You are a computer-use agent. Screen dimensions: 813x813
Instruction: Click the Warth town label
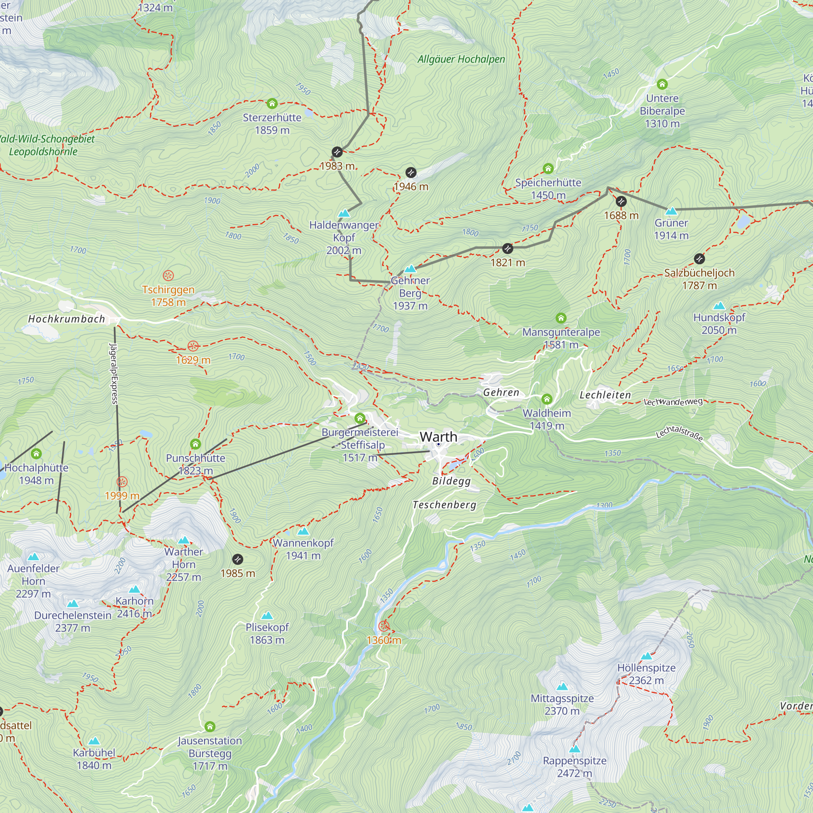click(439, 437)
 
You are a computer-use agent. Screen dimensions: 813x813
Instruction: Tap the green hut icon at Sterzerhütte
click(272, 103)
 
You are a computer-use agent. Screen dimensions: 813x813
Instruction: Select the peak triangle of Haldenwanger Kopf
click(344, 213)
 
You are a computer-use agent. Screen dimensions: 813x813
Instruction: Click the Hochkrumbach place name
click(67, 319)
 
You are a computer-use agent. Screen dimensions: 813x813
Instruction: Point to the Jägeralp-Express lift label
click(114, 373)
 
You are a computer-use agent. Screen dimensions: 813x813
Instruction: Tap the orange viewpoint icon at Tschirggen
click(168, 276)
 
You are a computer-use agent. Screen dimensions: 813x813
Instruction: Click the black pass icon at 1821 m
click(508, 248)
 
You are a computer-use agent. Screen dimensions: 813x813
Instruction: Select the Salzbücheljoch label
click(699, 273)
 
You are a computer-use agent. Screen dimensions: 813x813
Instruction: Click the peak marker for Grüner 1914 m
click(671, 211)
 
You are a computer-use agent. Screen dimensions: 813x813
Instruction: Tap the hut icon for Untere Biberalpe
click(662, 84)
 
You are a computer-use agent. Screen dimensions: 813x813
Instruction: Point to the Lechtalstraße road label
click(679, 433)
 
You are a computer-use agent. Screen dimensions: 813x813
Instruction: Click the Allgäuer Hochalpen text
click(461, 59)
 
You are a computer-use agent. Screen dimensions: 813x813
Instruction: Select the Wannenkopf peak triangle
click(303, 531)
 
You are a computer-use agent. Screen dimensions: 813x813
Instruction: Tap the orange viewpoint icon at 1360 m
click(384, 626)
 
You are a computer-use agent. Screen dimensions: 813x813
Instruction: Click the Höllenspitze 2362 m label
click(646, 674)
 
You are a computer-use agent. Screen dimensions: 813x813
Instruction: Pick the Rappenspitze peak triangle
click(575, 749)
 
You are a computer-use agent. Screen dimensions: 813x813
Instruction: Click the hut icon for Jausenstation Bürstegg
click(210, 727)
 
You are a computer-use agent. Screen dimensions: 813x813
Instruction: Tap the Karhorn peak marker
click(134, 589)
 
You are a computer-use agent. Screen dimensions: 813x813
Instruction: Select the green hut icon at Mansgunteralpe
click(561, 318)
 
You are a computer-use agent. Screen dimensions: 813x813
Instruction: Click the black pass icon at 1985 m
click(238, 559)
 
